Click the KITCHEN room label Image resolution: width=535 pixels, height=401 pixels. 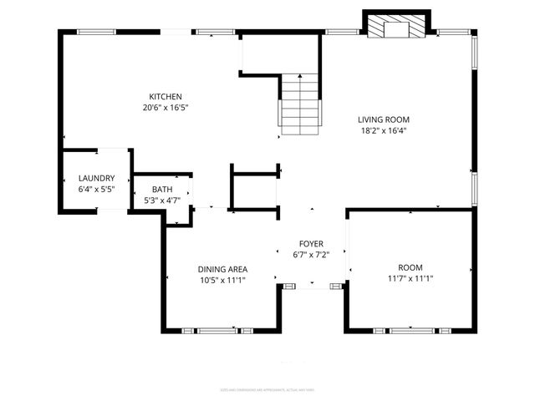166,96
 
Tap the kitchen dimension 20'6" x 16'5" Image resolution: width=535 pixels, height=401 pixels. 166,107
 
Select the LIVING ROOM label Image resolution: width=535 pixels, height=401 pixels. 384,119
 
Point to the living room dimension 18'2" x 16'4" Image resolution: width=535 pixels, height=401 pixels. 384,130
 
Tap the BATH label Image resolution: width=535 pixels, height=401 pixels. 161,190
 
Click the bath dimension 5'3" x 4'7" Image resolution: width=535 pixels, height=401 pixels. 161,200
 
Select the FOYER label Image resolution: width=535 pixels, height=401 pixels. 311,243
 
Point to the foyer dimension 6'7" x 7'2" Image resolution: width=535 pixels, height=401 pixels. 311,254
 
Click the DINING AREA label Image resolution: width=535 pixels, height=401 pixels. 222,269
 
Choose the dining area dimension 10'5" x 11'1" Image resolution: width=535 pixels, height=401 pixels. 222,280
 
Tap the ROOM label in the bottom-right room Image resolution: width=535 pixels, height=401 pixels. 410,267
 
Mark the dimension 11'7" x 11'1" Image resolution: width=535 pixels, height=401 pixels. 410,278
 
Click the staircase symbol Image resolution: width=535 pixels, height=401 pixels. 300,104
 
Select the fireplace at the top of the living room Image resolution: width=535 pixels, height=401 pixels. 397,27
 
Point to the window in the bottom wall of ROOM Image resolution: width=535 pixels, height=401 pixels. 411,331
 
